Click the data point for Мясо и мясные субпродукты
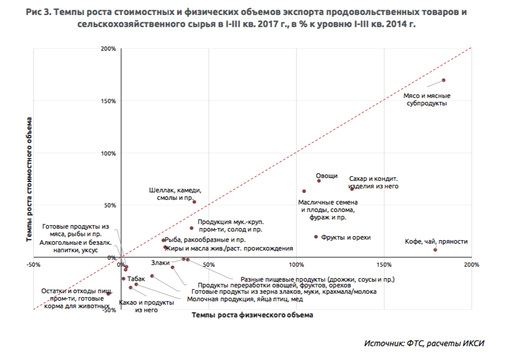[x=444, y=80]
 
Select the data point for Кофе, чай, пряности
[x=435, y=249]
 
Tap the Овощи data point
[x=319, y=181]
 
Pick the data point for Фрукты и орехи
[x=316, y=237]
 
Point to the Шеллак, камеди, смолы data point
[x=195, y=202]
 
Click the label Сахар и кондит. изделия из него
[x=374, y=183]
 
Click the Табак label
[x=135, y=279]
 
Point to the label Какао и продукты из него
[x=146, y=306]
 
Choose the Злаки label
[x=161, y=263]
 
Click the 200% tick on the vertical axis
[x=109, y=49]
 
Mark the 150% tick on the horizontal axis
[x=383, y=265]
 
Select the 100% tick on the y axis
[x=109, y=153]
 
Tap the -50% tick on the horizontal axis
[x=33, y=265]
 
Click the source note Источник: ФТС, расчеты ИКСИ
[x=424, y=343]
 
